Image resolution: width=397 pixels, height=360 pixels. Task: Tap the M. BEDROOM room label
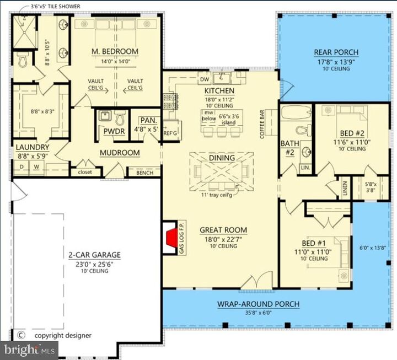[115, 52]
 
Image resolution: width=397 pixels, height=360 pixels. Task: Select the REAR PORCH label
[336, 52]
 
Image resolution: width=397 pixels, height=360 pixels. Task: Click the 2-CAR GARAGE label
[94, 255]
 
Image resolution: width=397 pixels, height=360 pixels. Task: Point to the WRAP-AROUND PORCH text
[258, 304]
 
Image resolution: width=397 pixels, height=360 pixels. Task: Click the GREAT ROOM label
[223, 230]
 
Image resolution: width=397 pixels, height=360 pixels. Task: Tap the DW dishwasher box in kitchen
[204, 79]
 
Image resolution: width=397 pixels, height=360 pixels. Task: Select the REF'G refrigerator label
[170, 133]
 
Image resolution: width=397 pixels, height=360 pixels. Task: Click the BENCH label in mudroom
[137, 173]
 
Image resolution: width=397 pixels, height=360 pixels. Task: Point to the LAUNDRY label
[33, 147]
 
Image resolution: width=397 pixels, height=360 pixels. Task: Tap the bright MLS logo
[29, 349]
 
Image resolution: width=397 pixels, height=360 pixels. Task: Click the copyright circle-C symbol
[22, 334]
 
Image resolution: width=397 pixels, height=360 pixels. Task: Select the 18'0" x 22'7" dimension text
[223, 239]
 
